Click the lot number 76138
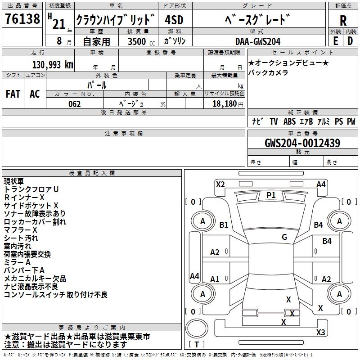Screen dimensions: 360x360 22,20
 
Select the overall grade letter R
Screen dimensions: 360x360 343,21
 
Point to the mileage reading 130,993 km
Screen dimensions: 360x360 52,65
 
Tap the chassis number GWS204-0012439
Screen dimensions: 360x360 302,144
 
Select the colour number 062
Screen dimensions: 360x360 74,104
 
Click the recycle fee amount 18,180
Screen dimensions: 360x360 222,104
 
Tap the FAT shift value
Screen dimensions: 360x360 13,94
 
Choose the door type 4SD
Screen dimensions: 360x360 174,20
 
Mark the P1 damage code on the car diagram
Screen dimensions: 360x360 271,195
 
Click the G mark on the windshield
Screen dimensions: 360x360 284,237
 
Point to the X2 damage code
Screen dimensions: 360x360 220,184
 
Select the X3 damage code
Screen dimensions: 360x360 320,333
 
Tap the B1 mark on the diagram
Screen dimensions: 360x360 224,225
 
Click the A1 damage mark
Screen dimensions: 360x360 215,279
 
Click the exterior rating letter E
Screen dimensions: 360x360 335,41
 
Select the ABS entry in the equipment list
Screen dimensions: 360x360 289,121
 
